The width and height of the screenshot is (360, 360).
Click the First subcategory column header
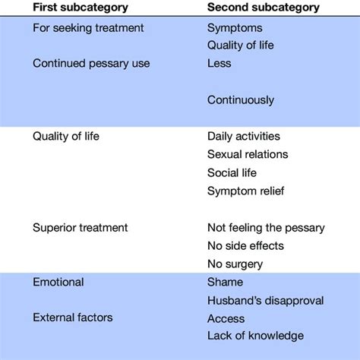pos(81,8)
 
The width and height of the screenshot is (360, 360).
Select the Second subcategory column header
pos(264,8)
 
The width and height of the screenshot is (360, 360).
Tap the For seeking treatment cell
pos(88,28)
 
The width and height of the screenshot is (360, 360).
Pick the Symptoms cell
pos(235,28)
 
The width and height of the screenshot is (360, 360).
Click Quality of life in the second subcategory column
pos(241,46)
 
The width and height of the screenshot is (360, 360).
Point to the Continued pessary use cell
pos(91,64)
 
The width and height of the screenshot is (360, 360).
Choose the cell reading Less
pos(219,63)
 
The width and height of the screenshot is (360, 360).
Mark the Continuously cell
pos(241,100)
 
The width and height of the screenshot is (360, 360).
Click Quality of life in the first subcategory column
pos(66,137)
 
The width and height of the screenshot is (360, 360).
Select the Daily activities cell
pos(244,137)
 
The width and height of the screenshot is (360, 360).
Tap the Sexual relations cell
pos(248,154)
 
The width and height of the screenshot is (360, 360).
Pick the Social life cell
pos(232,173)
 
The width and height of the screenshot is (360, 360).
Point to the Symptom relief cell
pos(245,191)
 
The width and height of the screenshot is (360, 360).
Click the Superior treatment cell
pos(80,228)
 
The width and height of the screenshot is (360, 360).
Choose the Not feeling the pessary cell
pos(266,228)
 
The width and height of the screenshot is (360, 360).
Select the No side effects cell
pos(245,246)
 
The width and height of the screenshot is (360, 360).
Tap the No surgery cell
pos(235,264)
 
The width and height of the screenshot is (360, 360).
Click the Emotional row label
pos(58,283)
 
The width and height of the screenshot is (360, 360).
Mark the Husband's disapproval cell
pos(265,301)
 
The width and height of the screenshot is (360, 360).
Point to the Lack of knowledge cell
pos(255,336)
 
